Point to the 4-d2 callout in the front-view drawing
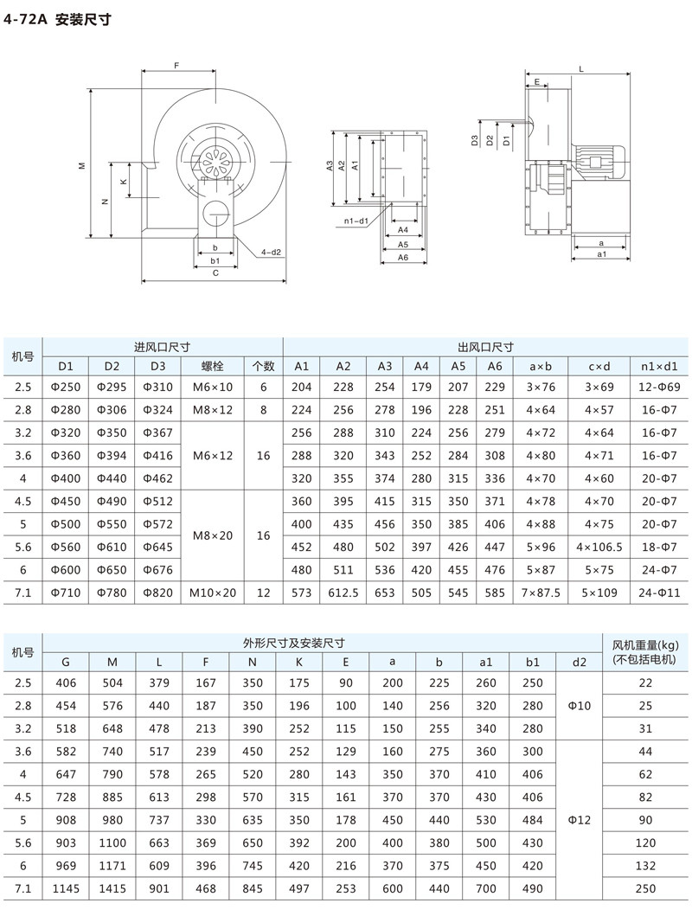click(272, 252)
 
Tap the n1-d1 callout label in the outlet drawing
click(356, 221)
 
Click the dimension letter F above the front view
click(176, 66)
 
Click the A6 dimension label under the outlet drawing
click(403, 258)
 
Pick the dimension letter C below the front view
click(215, 273)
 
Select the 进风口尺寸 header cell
click(162, 346)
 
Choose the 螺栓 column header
click(213, 365)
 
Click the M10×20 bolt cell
click(213, 593)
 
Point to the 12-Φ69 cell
click(660, 388)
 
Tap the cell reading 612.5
click(343, 593)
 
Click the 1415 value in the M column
click(112, 888)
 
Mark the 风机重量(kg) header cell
click(645, 652)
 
